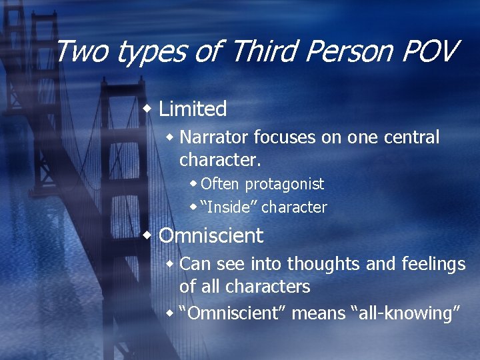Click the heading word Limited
193,109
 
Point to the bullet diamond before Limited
149,108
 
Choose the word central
411,137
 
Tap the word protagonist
284,184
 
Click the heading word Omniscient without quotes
211,235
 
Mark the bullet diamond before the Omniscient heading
149,235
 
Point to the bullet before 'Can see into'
171,264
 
